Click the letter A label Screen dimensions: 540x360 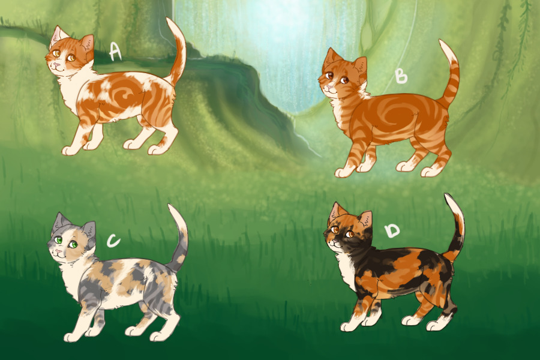coord(115,52)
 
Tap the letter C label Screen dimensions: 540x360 coord(113,240)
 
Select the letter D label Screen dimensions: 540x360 coord(392,230)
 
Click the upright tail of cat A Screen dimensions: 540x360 coord(177,52)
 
